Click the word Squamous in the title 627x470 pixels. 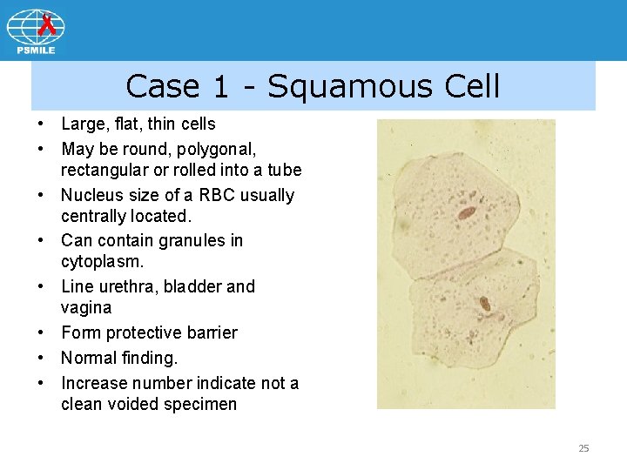pyautogui.click(x=349, y=87)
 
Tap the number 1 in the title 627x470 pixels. pyautogui.click(x=221, y=87)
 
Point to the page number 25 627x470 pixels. pyautogui.click(x=583, y=448)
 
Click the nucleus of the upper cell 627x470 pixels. pyautogui.click(x=466, y=212)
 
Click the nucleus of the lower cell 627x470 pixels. pyautogui.click(x=484, y=305)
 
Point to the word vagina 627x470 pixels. pyautogui.click(x=86, y=307)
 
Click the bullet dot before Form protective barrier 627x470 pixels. pyautogui.click(x=41, y=332)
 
